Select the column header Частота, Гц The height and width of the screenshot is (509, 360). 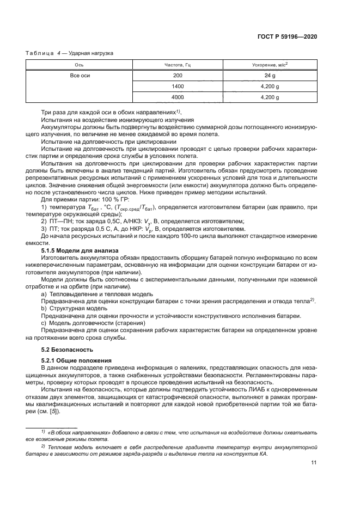[x=178, y=65]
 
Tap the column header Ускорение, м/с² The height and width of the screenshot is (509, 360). [x=270, y=65]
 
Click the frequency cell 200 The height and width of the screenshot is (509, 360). [x=178, y=76]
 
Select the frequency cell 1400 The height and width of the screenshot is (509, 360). [x=178, y=87]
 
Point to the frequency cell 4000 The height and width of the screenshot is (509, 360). [x=178, y=97]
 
